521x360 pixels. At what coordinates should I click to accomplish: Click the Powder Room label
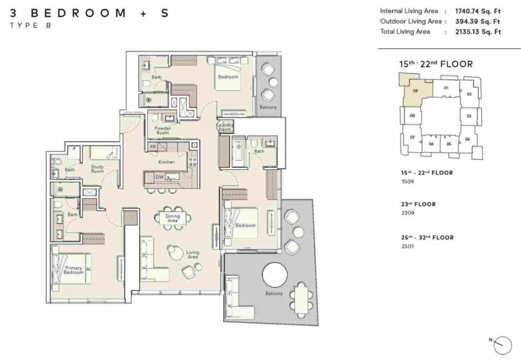[163, 130]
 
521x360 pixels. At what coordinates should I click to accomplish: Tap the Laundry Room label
[224, 127]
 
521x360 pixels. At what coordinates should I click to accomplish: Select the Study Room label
[98, 168]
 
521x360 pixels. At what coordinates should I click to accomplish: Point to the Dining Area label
[172, 219]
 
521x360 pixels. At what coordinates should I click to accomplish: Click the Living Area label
[192, 254]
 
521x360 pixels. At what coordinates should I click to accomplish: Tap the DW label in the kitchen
[159, 177]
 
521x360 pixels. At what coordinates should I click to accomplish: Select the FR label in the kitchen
[153, 147]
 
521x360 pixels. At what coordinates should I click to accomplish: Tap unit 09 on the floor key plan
[415, 91]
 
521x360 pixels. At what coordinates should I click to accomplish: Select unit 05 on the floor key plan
[449, 144]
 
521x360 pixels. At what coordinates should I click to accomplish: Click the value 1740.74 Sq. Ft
[472, 11]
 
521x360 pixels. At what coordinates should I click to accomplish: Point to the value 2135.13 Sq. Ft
[472, 32]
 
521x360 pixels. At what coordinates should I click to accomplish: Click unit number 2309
[408, 214]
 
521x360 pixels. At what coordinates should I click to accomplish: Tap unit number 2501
[408, 247]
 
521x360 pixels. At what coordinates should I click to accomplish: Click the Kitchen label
[166, 162]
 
